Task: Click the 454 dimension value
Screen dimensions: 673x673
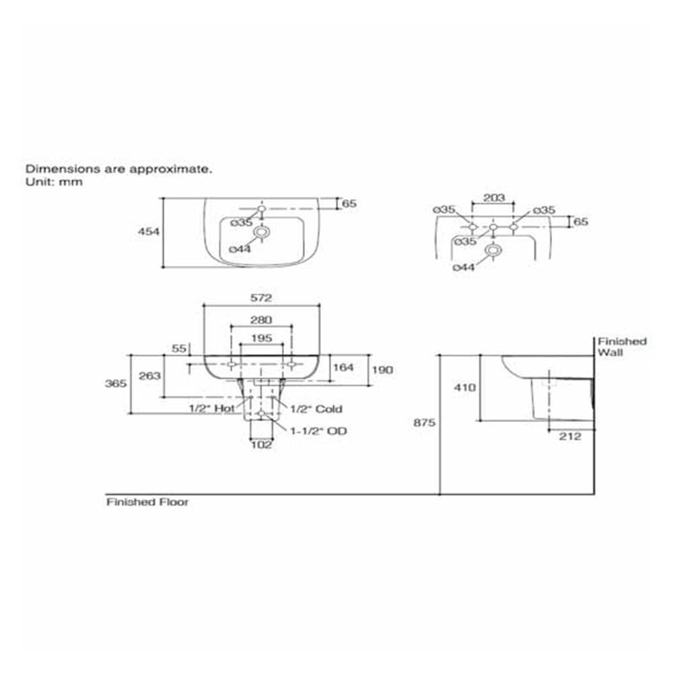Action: pos(149,232)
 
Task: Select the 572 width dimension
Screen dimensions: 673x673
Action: pos(261,298)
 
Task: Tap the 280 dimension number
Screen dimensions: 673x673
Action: pos(261,320)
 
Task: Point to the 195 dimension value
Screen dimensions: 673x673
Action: pos(262,339)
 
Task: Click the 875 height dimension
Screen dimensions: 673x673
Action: pos(425,423)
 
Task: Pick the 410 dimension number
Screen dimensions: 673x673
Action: pos(465,388)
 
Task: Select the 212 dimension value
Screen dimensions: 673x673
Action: pos(571,437)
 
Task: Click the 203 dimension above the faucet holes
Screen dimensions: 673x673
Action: pos(494,198)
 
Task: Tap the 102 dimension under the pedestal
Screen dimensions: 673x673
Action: pos(261,445)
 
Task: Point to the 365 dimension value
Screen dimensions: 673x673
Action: pos(116,384)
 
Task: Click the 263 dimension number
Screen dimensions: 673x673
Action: pos(150,376)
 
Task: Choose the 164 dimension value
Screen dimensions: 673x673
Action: pos(344,367)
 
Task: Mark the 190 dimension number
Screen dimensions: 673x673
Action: pos(382,370)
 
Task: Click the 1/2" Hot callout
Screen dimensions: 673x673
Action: pos(212,409)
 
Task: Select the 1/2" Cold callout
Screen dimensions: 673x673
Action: pos(316,409)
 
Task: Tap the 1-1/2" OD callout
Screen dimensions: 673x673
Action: pos(318,431)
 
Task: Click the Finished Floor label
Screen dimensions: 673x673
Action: pos(147,502)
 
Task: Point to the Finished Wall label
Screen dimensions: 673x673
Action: pos(623,347)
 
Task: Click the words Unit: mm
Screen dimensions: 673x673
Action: pos(54,182)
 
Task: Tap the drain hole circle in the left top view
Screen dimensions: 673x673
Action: pos(261,232)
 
